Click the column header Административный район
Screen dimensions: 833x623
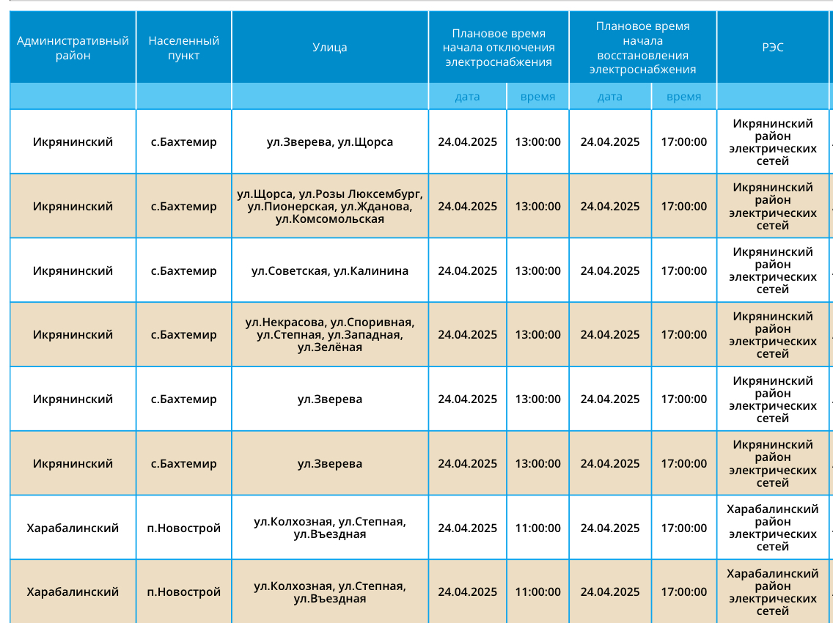tap(73, 48)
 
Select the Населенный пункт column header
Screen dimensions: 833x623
tap(184, 48)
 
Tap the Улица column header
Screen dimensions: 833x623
tap(330, 47)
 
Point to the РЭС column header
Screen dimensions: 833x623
tap(772, 47)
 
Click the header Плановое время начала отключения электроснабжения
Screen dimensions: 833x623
tap(499, 48)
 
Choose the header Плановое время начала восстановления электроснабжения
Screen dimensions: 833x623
tap(643, 48)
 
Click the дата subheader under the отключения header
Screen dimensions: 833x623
tap(468, 97)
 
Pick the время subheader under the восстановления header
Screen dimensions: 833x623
tap(683, 97)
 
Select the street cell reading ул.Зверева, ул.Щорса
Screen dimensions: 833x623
tap(330, 141)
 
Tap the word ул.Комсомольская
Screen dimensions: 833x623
tap(330, 219)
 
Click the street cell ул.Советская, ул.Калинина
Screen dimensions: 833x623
tap(330, 271)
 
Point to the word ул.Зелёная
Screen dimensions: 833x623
tap(330, 347)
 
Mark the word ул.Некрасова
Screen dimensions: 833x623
tap(285, 322)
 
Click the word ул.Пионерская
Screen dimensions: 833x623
tap(291, 207)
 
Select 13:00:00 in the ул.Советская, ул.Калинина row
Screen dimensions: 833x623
tap(537, 271)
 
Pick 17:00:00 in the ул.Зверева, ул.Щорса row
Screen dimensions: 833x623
tap(683, 141)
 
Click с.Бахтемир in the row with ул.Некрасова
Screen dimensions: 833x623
tap(184, 335)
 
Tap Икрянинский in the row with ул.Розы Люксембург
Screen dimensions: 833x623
tap(73, 206)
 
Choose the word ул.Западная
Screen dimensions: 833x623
tap(365, 335)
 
